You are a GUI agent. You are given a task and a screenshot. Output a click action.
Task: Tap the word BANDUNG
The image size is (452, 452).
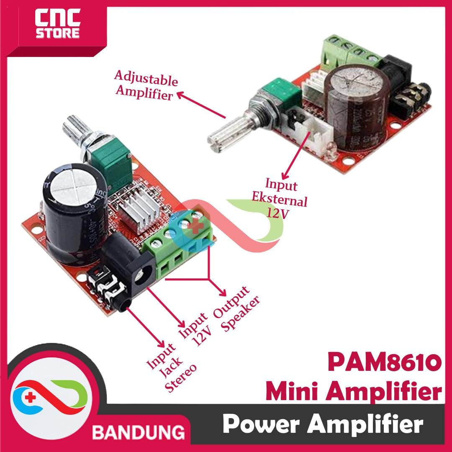(139, 431)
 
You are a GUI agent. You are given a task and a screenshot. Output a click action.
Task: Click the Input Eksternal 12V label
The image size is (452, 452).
(281, 198)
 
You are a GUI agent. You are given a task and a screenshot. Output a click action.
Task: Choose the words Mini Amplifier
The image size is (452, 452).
(354, 393)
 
